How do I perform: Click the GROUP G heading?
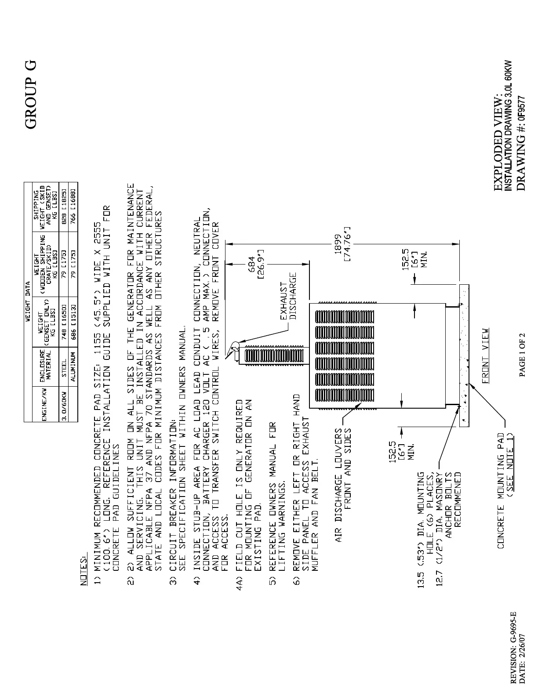(31, 94)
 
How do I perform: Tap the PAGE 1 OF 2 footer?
(522, 355)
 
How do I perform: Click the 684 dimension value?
(252, 265)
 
